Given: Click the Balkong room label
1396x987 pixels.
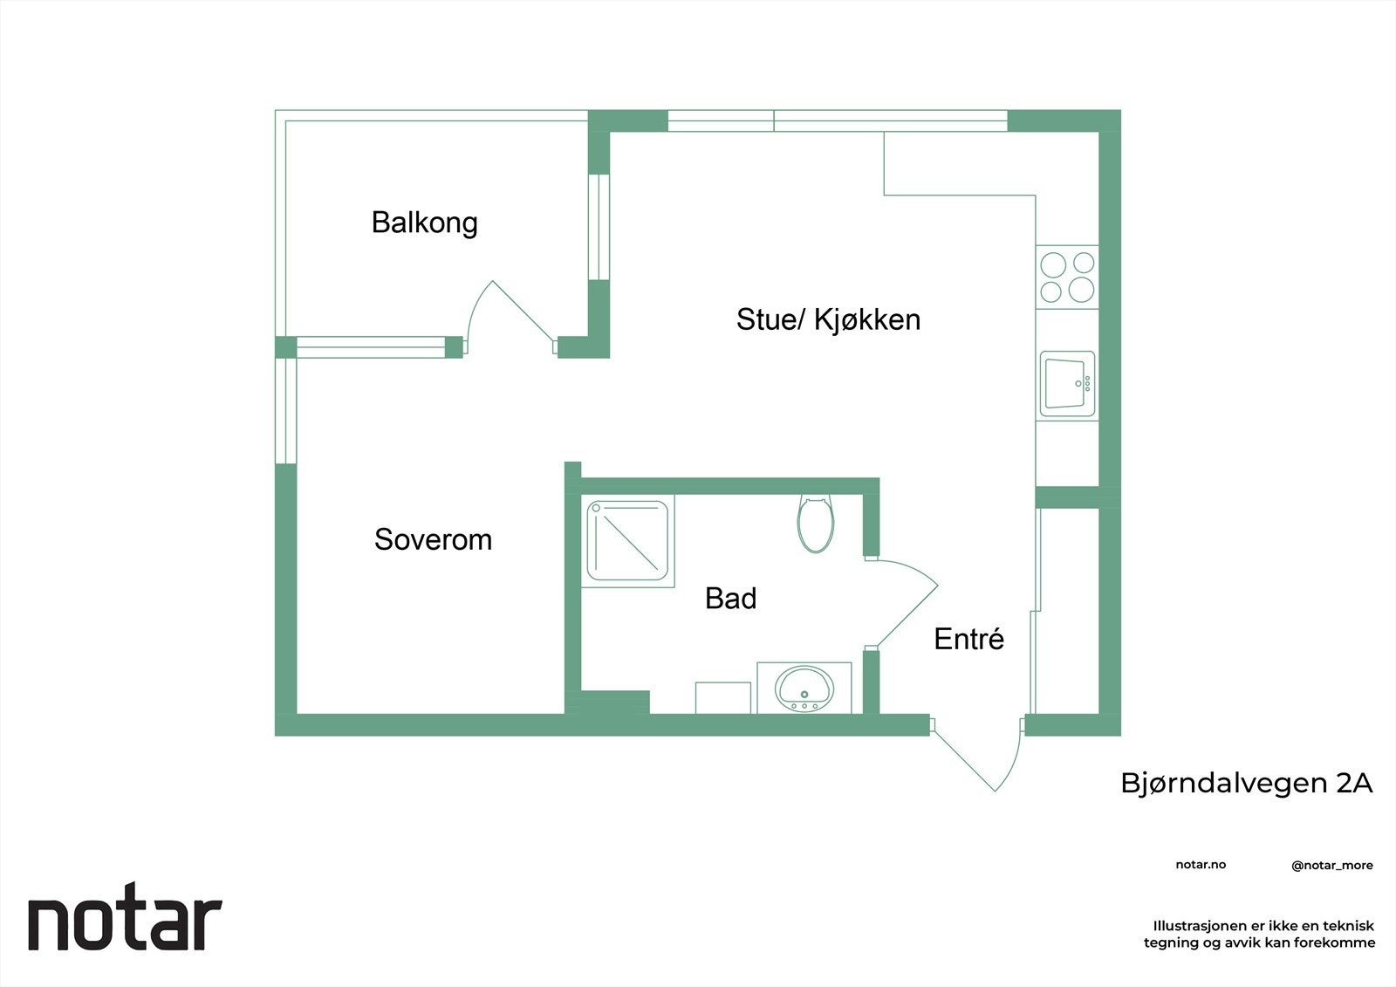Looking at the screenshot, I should pos(424,223).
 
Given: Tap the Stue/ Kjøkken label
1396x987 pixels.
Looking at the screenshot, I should pos(827,319).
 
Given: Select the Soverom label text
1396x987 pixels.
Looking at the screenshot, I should pos(433,539).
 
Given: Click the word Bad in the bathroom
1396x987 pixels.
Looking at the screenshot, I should pos(730,599).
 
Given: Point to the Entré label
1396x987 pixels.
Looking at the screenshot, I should pos(968,639).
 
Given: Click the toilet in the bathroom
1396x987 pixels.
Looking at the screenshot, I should pos(815,524).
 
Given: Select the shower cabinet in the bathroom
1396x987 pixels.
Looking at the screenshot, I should pos(628,541).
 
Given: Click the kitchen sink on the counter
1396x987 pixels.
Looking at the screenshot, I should pos(1066,384).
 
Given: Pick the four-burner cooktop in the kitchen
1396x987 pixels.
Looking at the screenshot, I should pos(1067,277).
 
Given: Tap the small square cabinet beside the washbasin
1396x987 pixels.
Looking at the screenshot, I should pos(722,697).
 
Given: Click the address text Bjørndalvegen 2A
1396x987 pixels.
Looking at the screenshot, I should pos(1246,783).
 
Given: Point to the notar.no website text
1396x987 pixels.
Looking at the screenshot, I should pos(1201,865).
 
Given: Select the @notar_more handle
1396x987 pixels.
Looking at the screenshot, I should pos(1331,866).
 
